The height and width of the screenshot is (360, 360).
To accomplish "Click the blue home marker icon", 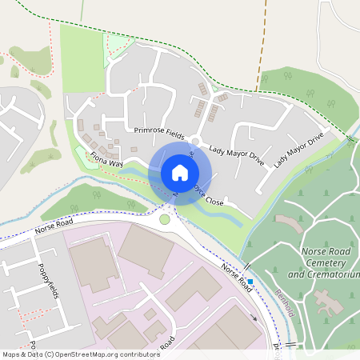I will pyautogui.click(x=180, y=172).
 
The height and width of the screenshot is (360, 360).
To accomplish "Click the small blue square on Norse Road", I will pyautogui.click(x=250, y=282).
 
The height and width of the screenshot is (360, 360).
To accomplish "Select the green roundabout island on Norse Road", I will pyautogui.click(x=165, y=219).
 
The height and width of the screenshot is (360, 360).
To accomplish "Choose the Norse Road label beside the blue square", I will pyautogui.click(x=237, y=277).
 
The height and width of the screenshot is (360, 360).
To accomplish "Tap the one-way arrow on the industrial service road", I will pyautogui.click(x=254, y=316).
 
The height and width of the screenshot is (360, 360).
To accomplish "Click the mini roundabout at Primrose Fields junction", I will pyautogui.click(x=194, y=142).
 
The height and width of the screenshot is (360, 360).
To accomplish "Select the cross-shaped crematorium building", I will pyautogui.click(x=329, y=302).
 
